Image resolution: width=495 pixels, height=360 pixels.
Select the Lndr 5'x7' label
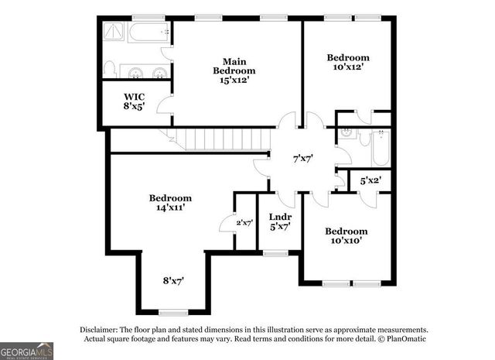tap(279, 222)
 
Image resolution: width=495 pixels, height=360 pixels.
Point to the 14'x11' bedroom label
tap(171, 203)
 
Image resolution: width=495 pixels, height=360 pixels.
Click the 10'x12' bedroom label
tap(347, 62)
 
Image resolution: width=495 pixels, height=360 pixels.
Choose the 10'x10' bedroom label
tap(346, 235)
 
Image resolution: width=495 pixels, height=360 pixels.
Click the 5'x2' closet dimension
tap(371, 180)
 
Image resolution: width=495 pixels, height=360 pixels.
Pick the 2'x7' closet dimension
tap(244, 223)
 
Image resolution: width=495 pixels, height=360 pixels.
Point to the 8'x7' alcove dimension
tap(172, 280)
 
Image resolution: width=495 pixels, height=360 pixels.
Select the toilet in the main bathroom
tap(109, 69)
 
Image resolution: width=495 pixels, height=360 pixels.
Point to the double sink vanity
tap(147, 74)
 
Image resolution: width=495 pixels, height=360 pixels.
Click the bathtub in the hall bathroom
tap(381, 149)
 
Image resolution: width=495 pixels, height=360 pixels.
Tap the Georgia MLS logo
tap(27, 350)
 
